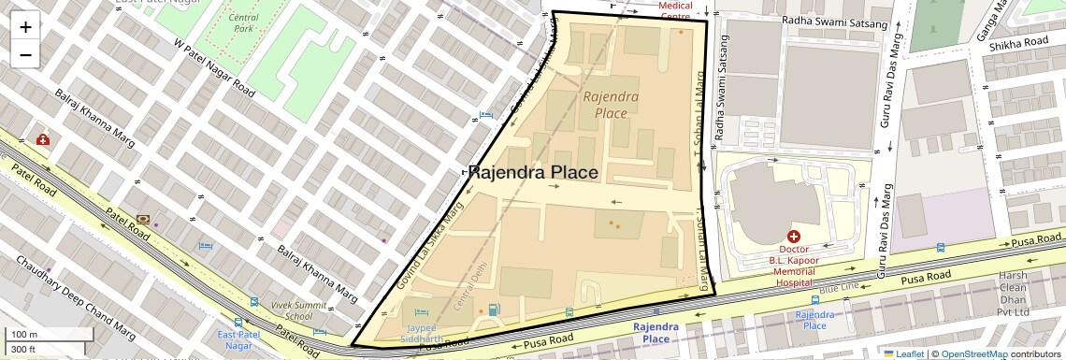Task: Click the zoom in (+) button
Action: (25, 27)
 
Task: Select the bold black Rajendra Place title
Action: (532, 173)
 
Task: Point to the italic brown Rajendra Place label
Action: (611, 104)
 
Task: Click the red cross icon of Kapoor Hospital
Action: (794, 238)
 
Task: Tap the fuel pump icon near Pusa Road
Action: (494, 310)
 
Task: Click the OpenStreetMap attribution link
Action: (973, 353)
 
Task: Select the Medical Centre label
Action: (675, 11)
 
